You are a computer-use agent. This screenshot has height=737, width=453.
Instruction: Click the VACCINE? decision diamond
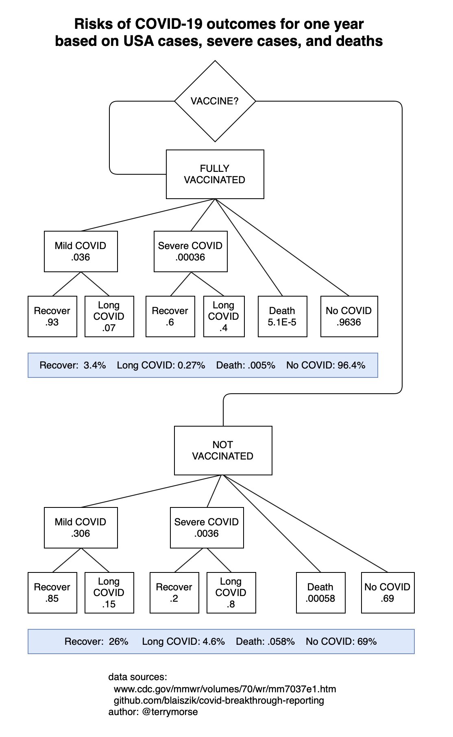[215, 101]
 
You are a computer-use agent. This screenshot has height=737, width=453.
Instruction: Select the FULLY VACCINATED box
[215, 174]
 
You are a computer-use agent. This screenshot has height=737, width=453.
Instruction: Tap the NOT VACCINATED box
[223, 451]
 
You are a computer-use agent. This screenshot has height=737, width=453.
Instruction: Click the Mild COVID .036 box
[81, 251]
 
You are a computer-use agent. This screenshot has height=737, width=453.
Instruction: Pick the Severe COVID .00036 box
[191, 251]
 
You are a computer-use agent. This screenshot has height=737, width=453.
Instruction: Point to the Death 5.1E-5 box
[283, 316]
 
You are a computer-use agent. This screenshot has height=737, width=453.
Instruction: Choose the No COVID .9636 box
[349, 316]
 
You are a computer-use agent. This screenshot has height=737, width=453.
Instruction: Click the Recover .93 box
[52, 316]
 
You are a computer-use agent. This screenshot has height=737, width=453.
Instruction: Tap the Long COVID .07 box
[109, 316]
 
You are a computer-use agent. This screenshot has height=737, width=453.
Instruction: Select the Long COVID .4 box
[224, 316]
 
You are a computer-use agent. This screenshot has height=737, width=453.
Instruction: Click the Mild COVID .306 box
[81, 528]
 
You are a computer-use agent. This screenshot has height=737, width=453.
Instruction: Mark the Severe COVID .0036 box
[207, 528]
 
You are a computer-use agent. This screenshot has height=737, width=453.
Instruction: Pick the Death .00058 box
[321, 593]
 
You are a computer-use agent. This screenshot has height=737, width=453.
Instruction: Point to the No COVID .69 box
[388, 593]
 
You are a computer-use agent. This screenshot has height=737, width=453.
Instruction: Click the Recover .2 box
[174, 593]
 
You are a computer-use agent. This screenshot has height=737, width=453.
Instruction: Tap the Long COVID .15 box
[109, 593]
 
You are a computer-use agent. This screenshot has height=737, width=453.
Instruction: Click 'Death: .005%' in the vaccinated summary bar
[246, 365]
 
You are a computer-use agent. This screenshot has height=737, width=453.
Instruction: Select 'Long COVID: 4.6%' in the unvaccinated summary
[183, 642]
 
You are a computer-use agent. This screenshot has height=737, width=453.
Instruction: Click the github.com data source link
[219, 700]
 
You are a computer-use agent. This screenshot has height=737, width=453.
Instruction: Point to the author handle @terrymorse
[170, 712]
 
